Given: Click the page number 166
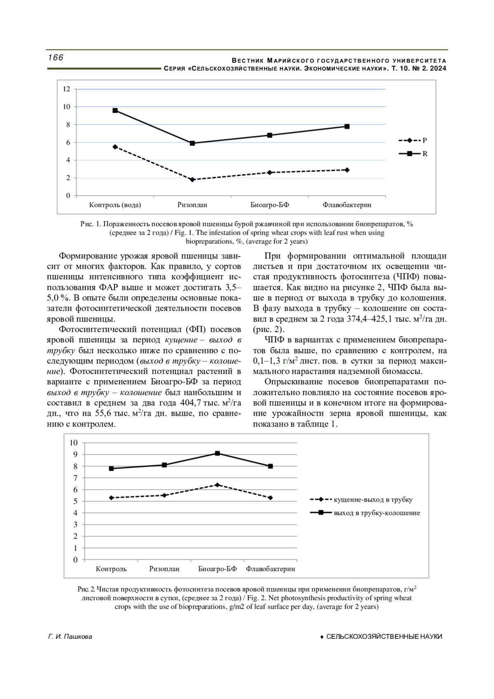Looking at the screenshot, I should [x=56, y=58].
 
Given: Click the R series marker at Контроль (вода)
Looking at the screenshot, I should [x=115, y=110].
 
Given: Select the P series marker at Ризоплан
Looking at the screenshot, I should [x=192, y=180].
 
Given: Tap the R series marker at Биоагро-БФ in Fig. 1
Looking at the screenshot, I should [x=270, y=135].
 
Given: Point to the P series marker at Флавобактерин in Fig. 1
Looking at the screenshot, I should [x=347, y=170].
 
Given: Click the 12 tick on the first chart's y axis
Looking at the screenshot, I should [x=66, y=89].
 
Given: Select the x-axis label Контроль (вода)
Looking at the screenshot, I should [x=115, y=205].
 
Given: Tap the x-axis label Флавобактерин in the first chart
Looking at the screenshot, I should [x=347, y=205].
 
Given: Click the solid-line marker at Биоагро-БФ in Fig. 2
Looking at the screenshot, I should [x=217, y=454].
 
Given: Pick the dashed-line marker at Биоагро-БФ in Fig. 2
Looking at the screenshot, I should [x=217, y=485].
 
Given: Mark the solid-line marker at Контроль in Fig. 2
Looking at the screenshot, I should [x=111, y=468].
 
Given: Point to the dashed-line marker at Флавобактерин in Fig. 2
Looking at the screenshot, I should [x=270, y=498].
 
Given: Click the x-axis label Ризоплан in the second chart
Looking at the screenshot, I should [x=164, y=569].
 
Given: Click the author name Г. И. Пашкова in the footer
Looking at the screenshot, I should [x=70, y=637].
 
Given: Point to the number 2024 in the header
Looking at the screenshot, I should [x=438, y=68].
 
